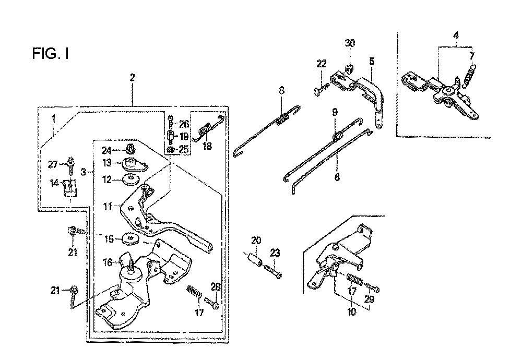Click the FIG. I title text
tap(51, 54)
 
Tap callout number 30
tap(350, 43)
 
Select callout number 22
tap(321, 64)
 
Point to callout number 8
tap(281, 90)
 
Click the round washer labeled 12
tap(129, 180)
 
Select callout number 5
tap(372, 61)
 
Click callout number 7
tap(472, 55)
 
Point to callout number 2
tap(133, 78)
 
